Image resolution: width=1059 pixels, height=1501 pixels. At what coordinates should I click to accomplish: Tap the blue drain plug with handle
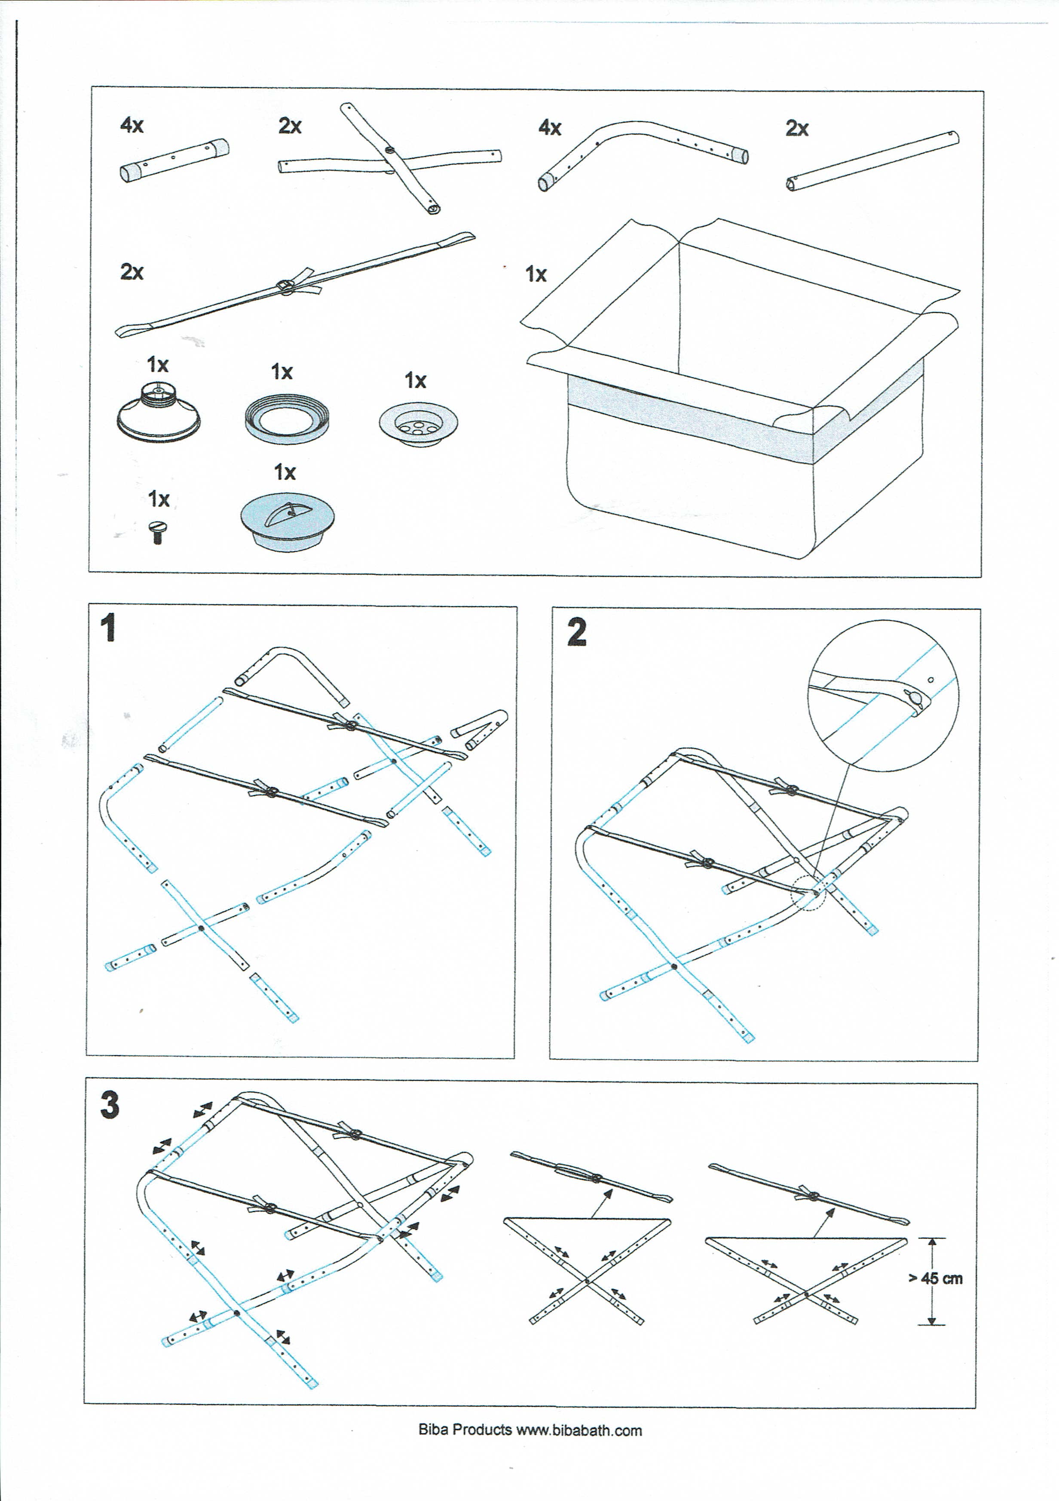coord(288,521)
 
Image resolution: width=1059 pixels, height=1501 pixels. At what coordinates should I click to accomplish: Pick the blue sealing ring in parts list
coord(287,419)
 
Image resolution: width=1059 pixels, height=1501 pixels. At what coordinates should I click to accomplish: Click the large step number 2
coord(576,633)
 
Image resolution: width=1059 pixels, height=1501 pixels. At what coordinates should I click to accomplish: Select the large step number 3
coord(110,1105)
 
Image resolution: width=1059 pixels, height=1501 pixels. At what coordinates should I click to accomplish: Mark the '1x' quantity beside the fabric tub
coord(536,274)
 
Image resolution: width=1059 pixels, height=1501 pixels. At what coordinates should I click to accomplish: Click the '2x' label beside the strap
coord(132,272)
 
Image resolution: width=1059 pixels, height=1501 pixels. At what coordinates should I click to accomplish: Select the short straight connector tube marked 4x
coord(174,160)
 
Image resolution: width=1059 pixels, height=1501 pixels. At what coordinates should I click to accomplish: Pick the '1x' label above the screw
coord(159,499)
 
